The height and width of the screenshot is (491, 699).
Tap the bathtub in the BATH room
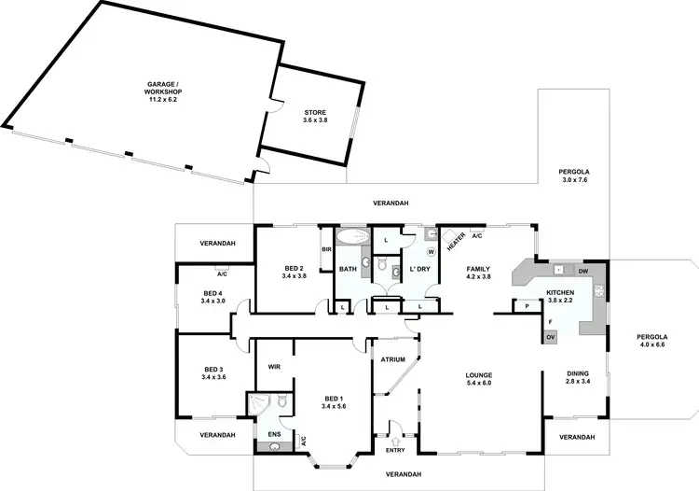click(x=351, y=236)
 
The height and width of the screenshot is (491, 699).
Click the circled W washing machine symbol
click(x=431, y=251)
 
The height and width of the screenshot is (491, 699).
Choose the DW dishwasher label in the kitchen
click(x=582, y=272)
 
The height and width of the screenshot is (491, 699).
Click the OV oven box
click(x=550, y=336)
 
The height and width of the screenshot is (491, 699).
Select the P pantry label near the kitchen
click(x=526, y=306)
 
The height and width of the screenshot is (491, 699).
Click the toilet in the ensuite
click(x=281, y=402)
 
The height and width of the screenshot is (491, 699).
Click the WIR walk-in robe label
click(x=275, y=367)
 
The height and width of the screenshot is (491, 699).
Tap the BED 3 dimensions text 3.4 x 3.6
click(x=214, y=377)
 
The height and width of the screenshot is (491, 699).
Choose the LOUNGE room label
click(x=478, y=376)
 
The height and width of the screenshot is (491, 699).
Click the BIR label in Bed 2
click(x=326, y=249)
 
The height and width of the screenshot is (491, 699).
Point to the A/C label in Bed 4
click(x=222, y=274)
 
